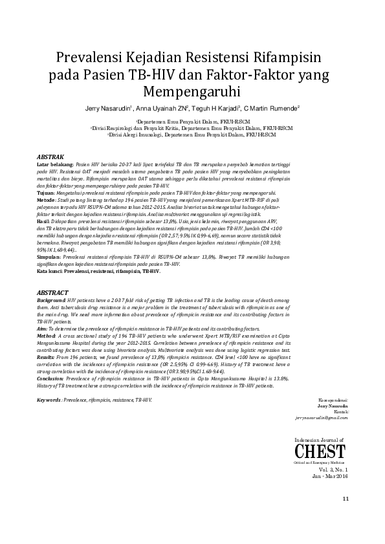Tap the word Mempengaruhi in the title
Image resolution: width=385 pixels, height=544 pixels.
[x=192, y=91]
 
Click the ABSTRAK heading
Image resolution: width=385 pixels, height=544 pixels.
[x=50, y=157]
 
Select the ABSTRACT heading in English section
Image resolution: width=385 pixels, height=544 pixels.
[x=52, y=292]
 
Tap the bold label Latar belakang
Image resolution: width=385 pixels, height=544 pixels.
[x=54, y=165]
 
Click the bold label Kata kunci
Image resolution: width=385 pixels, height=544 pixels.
[x=50, y=272]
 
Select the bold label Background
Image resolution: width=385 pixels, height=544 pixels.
[x=51, y=301]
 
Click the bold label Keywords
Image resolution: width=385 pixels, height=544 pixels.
[x=49, y=400]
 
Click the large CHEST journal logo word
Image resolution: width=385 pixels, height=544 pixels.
[x=322, y=452]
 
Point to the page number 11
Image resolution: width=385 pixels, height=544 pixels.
[x=346, y=499]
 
